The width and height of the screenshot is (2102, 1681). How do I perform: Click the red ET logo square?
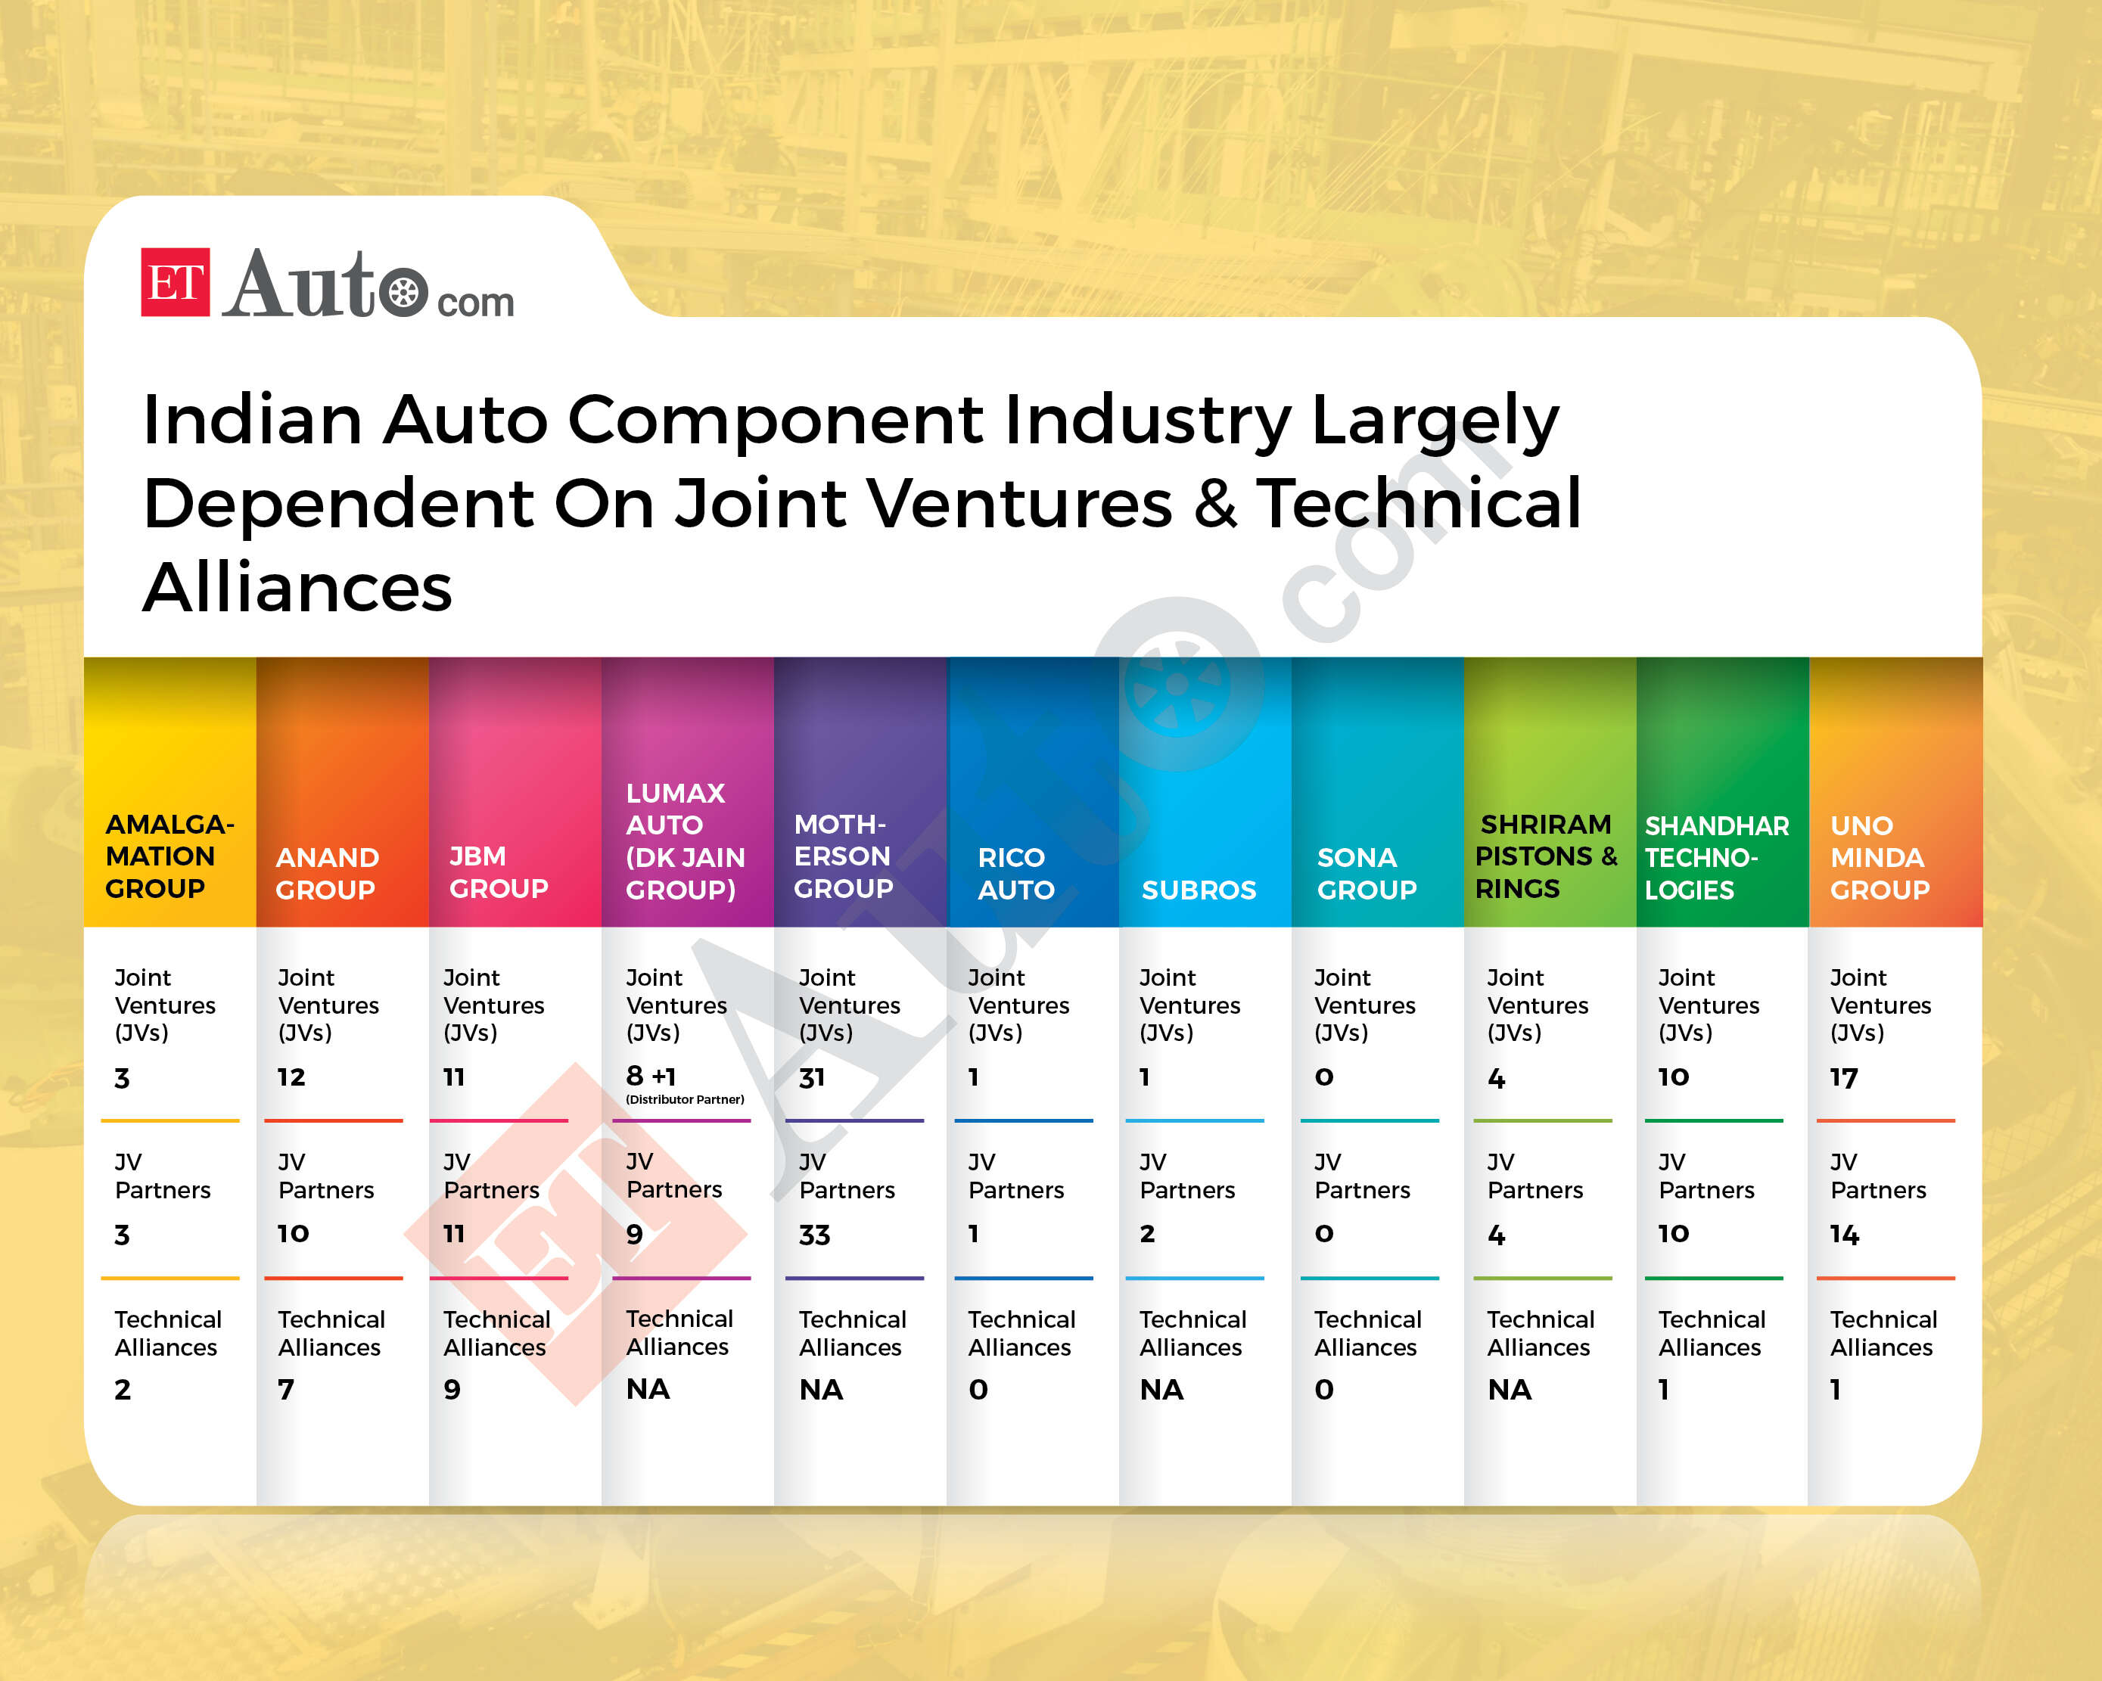(176, 281)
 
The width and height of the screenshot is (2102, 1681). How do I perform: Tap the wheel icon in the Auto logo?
(403, 291)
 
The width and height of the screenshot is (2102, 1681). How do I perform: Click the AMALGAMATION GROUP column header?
(169, 856)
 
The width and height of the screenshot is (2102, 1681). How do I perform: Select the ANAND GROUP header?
(327, 873)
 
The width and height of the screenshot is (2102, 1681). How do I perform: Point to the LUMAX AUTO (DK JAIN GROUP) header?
(685, 840)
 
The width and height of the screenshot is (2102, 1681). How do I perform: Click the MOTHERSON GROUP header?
(844, 856)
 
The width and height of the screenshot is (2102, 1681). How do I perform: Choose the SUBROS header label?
(1199, 889)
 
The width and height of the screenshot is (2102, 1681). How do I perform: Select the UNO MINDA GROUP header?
(1879, 857)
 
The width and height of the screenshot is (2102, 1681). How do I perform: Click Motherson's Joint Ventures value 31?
(811, 1077)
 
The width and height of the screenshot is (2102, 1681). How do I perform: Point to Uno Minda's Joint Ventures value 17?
(1844, 1077)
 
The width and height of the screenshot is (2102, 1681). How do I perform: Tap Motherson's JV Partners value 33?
(814, 1235)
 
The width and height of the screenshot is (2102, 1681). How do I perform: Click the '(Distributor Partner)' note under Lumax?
(685, 1099)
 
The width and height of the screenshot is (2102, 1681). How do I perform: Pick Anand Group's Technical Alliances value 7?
(286, 1390)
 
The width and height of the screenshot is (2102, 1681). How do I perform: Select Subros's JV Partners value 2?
(1148, 1233)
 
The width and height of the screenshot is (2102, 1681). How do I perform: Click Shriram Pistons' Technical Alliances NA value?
(1510, 1390)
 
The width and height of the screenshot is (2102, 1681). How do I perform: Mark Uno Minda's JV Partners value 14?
(1845, 1235)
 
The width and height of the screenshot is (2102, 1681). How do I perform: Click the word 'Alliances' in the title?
(298, 587)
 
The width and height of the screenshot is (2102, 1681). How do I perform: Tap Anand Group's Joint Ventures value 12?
(291, 1077)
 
